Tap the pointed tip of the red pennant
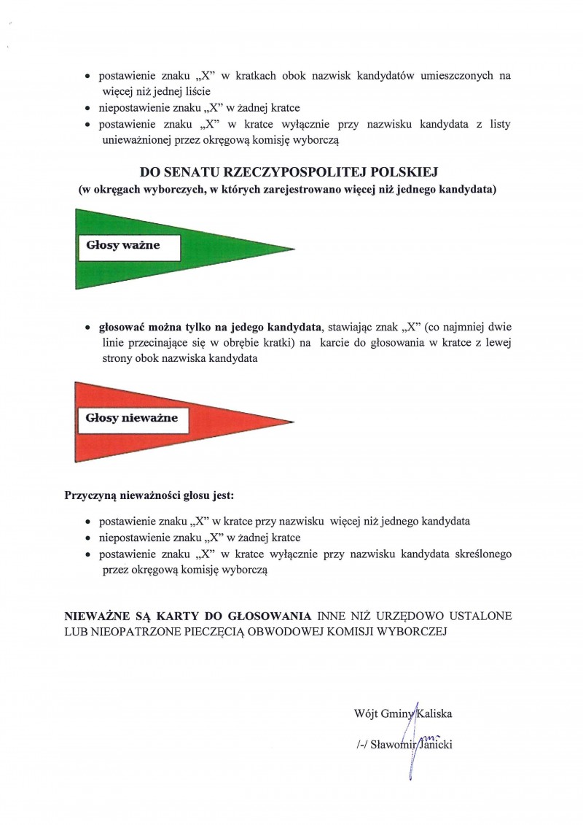point(293,422)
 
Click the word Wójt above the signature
point(365,713)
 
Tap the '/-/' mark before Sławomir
point(358,745)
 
